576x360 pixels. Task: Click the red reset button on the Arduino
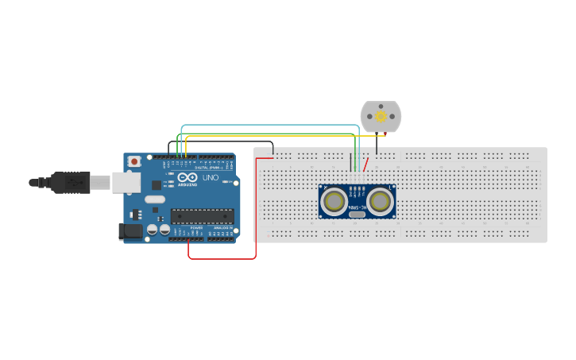point(134,161)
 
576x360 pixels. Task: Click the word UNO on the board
point(211,178)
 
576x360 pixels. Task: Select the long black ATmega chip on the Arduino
point(202,215)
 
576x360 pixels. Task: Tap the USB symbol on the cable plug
point(75,183)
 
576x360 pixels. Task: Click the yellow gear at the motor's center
point(381,117)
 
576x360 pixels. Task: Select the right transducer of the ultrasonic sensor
point(381,202)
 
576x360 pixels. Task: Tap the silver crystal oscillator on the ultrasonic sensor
point(357,213)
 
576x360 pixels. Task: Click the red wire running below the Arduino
point(222,258)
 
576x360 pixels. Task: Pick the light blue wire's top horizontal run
point(270,126)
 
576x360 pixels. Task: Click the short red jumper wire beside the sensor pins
point(365,165)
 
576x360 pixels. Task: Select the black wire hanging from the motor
point(377,144)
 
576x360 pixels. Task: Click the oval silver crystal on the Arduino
point(155,199)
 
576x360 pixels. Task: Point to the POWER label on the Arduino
point(195,228)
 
